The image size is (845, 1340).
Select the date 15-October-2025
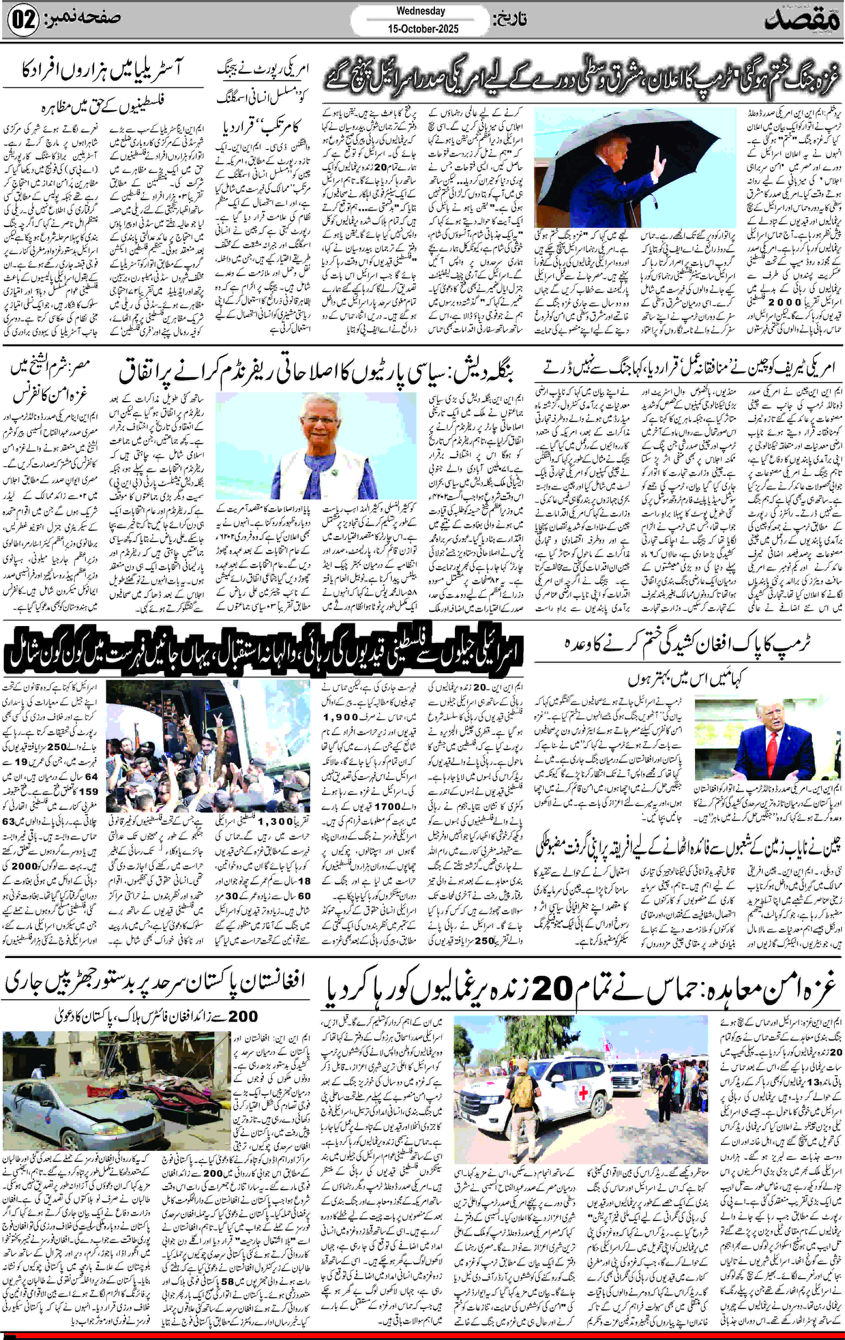click(423, 28)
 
